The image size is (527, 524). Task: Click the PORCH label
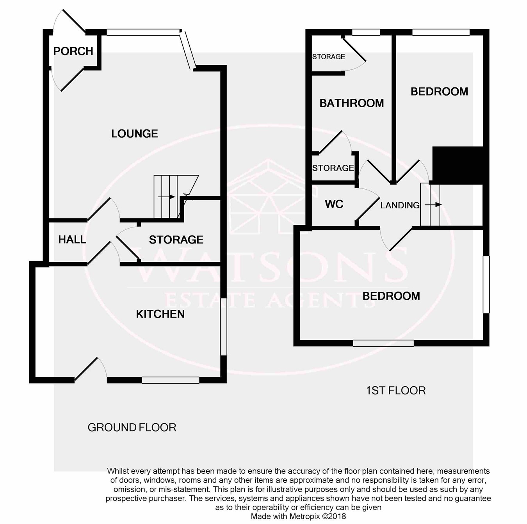click(x=73, y=51)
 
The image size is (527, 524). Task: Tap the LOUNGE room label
click(x=135, y=133)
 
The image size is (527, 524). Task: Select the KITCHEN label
click(x=160, y=314)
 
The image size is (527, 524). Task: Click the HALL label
click(x=72, y=239)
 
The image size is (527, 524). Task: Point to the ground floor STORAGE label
click(x=176, y=240)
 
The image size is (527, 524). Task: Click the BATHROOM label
click(x=352, y=103)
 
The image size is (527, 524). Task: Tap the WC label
click(x=334, y=204)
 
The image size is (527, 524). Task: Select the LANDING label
click(x=400, y=205)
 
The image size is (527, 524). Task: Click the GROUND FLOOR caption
click(x=132, y=427)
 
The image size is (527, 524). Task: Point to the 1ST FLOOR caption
click(x=395, y=390)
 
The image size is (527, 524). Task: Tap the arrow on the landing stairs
click(x=433, y=204)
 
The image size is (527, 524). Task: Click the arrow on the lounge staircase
click(x=167, y=197)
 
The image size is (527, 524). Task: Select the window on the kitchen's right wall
click(x=224, y=327)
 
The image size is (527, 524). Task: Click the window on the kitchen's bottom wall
click(x=171, y=380)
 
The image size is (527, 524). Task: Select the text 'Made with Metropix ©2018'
click(x=298, y=516)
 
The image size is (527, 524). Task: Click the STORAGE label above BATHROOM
click(x=329, y=57)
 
